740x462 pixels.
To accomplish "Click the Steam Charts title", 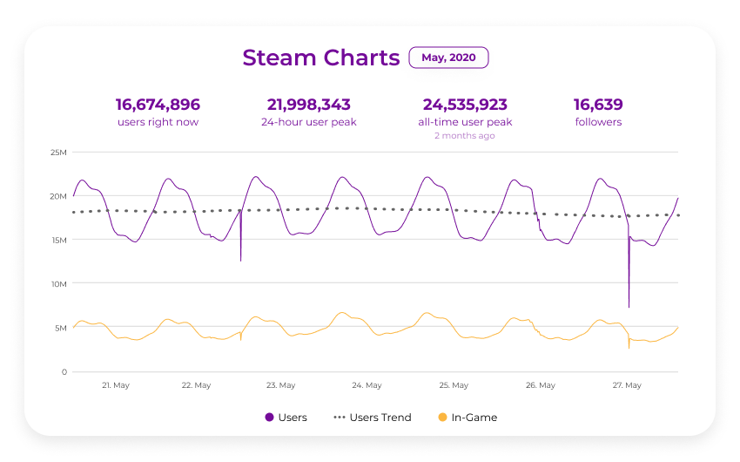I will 320,58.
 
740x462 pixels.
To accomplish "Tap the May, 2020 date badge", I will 448,58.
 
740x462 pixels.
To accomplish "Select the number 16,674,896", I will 158,105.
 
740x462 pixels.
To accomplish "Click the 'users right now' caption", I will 158,122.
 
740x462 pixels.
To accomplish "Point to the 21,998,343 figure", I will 308,105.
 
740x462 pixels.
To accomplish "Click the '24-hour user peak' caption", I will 308,122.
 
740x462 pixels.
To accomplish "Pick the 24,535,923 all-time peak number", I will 465,105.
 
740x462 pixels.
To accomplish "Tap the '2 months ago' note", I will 465,136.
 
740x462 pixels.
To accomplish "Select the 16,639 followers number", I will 598,105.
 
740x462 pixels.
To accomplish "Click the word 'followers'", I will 598,122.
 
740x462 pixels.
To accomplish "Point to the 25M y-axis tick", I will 58,153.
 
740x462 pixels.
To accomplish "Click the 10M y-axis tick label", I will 58,284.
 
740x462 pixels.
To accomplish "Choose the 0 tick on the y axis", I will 64,372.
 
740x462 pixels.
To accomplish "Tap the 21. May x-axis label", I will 116,385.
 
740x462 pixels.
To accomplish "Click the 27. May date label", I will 627,385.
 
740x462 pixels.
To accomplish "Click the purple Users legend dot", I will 269,418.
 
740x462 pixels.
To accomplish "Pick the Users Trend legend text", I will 380,418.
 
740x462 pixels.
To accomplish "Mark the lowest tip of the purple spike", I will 629,307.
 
